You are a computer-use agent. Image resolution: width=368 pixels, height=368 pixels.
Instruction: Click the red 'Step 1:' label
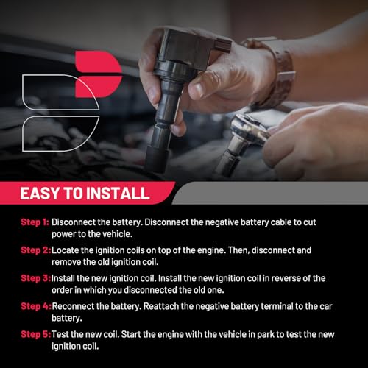(35, 222)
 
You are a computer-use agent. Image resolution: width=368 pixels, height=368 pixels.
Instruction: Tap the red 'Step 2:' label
(36, 250)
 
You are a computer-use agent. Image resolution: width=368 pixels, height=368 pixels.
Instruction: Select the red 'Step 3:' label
(36, 278)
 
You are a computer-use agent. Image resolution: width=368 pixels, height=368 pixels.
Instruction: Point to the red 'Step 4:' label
(36, 306)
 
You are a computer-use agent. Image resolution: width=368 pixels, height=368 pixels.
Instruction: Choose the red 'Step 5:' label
(36, 334)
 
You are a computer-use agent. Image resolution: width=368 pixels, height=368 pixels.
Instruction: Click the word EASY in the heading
(40, 194)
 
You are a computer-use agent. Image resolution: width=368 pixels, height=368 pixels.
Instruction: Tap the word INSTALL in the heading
(118, 194)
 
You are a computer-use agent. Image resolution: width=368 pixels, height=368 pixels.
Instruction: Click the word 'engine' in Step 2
(211, 251)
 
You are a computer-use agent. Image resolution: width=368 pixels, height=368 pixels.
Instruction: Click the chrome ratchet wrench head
(248, 127)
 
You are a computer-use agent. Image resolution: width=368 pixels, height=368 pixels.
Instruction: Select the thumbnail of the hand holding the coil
(199, 90)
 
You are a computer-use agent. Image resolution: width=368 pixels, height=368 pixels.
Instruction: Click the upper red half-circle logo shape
(98, 61)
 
